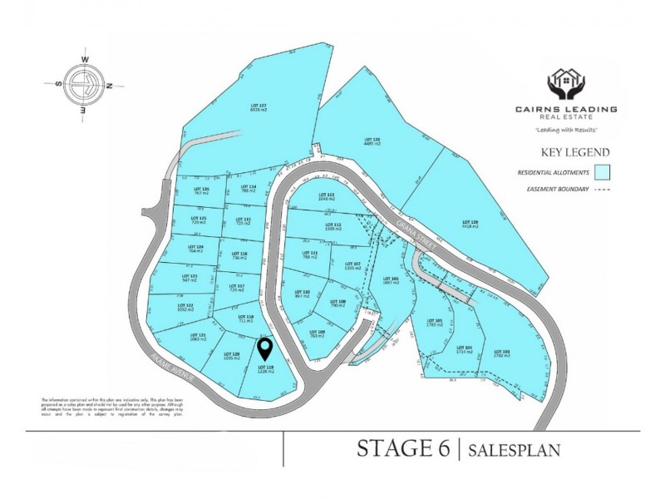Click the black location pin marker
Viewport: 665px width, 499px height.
264,348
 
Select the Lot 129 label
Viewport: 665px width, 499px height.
469,224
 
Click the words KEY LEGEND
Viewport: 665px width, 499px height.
575,152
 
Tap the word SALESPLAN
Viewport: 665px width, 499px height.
514,451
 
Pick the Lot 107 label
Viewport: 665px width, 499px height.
352,266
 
